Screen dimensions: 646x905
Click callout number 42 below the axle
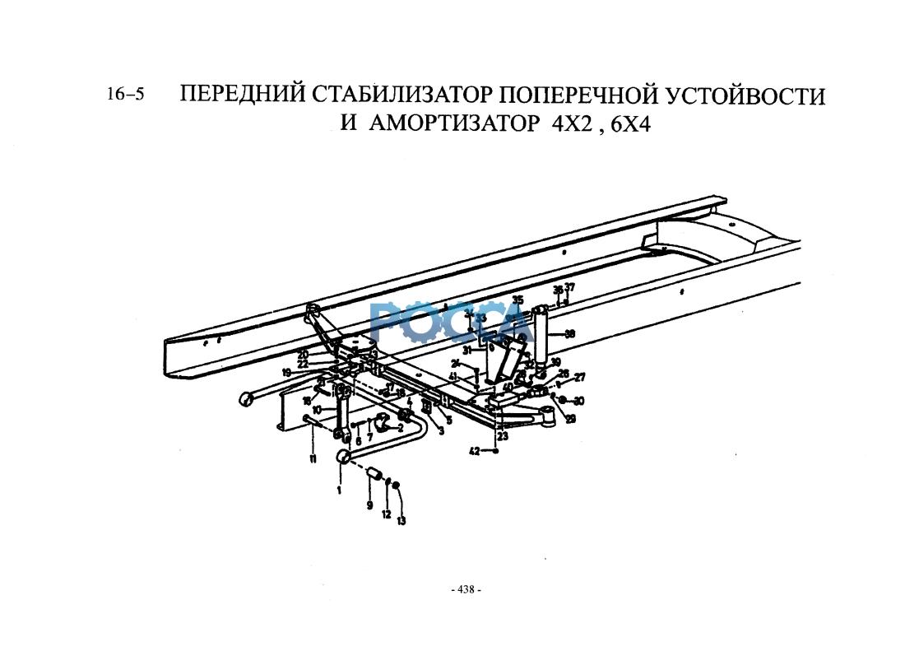click(x=474, y=450)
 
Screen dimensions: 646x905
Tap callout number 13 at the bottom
click(x=401, y=520)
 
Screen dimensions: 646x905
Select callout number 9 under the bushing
click(x=369, y=504)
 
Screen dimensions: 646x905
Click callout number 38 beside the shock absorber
click(x=570, y=334)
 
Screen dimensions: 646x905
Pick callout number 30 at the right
click(x=579, y=401)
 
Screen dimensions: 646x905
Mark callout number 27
click(x=579, y=378)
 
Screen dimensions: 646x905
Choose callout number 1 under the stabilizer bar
click(x=338, y=490)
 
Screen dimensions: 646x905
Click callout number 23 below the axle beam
click(x=502, y=437)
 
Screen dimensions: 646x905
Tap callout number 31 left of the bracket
click(x=466, y=350)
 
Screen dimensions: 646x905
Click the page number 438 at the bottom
click(x=466, y=590)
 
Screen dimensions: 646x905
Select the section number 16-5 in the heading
click(x=125, y=94)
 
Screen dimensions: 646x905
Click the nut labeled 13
click(x=397, y=486)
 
